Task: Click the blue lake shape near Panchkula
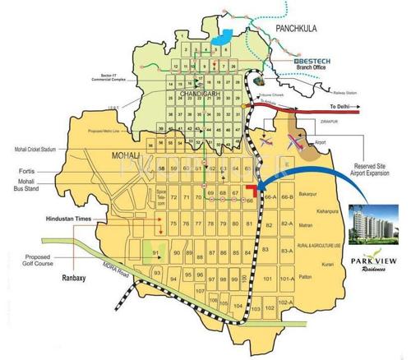(x=221, y=38)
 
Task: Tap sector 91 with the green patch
(x=156, y=253)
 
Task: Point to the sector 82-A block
(x=286, y=224)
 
